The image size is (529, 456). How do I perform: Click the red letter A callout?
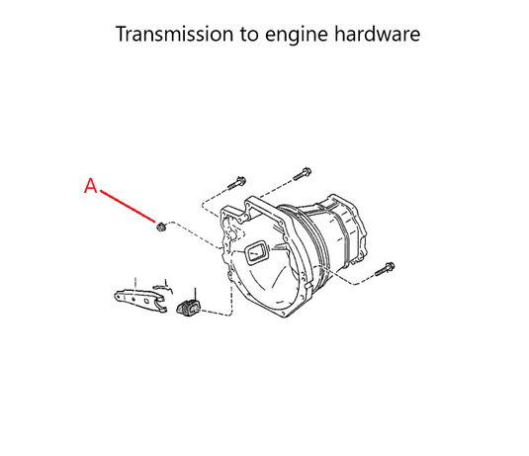(x=90, y=186)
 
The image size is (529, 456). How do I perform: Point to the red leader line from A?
(x=128, y=206)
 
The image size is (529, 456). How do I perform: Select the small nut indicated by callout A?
(x=161, y=227)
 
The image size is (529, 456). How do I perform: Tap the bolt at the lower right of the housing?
(x=385, y=269)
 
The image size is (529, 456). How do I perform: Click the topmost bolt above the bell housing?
(x=302, y=174)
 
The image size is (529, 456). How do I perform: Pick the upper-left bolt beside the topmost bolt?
(x=236, y=183)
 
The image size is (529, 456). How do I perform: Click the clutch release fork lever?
(x=140, y=300)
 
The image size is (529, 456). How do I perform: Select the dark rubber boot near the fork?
(x=188, y=308)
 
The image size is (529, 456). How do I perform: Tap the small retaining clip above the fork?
(x=163, y=289)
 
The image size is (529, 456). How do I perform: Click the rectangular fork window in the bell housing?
(x=256, y=252)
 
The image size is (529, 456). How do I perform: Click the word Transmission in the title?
(x=174, y=34)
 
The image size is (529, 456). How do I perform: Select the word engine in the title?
(x=297, y=36)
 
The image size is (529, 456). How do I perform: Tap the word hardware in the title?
(x=377, y=34)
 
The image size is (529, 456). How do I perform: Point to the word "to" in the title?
(x=249, y=35)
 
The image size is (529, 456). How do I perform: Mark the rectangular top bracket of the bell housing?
(x=264, y=211)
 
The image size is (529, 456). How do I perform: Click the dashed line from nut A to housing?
(x=195, y=234)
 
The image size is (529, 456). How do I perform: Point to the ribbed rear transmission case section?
(x=341, y=229)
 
